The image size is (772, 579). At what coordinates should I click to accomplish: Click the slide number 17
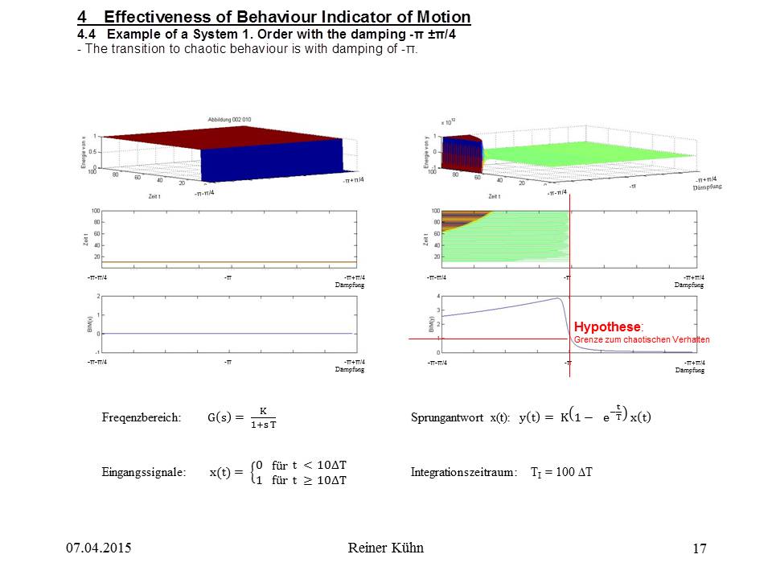click(x=699, y=549)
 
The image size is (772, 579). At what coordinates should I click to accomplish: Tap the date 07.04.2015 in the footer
click(x=98, y=548)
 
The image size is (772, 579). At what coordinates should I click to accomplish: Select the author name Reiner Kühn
click(x=386, y=548)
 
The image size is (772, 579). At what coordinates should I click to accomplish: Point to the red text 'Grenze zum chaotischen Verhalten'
click(x=642, y=340)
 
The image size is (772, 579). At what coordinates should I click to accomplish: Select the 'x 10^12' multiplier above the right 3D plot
click(x=448, y=122)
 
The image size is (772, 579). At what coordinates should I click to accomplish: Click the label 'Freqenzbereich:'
click(x=142, y=417)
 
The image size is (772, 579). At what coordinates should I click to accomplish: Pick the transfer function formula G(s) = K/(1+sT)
click(x=241, y=417)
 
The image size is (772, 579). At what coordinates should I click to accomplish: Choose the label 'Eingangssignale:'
click(x=144, y=473)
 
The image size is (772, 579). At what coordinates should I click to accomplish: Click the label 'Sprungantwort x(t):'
click(x=460, y=417)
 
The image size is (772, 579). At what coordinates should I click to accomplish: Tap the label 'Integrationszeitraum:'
click(x=464, y=473)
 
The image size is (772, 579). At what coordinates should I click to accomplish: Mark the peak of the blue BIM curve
click(x=558, y=298)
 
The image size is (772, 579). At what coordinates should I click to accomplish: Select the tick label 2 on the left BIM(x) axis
click(x=98, y=296)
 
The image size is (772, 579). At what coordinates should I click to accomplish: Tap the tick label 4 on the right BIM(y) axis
click(x=438, y=296)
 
